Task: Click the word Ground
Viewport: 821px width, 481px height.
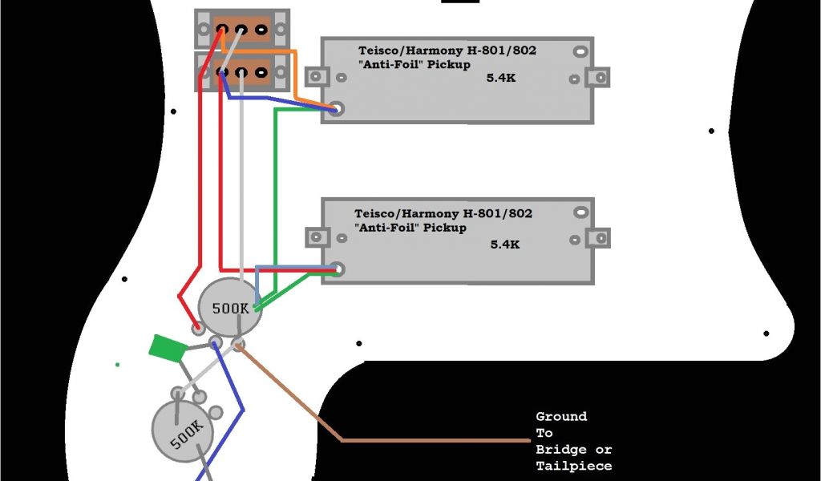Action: pyautogui.click(x=561, y=417)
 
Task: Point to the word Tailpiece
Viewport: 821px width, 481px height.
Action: pyautogui.click(x=573, y=466)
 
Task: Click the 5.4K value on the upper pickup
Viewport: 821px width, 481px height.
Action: pyautogui.click(x=503, y=79)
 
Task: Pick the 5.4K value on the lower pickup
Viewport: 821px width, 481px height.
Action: pyautogui.click(x=505, y=245)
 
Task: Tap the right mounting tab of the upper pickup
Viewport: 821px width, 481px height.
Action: pyautogui.click(x=598, y=79)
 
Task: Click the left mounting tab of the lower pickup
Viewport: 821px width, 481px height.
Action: pyautogui.click(x=317, y=238)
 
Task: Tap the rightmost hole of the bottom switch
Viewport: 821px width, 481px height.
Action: pyautogui.click(x=261, y=73)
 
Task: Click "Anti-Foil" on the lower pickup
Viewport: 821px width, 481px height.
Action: pyautogui.click(x=386, y=228)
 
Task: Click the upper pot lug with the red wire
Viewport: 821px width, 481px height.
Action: pyautogui.click(x=197, y=327)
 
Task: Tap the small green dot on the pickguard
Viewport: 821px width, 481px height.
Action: pyautogui.click(x=118, y=365)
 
